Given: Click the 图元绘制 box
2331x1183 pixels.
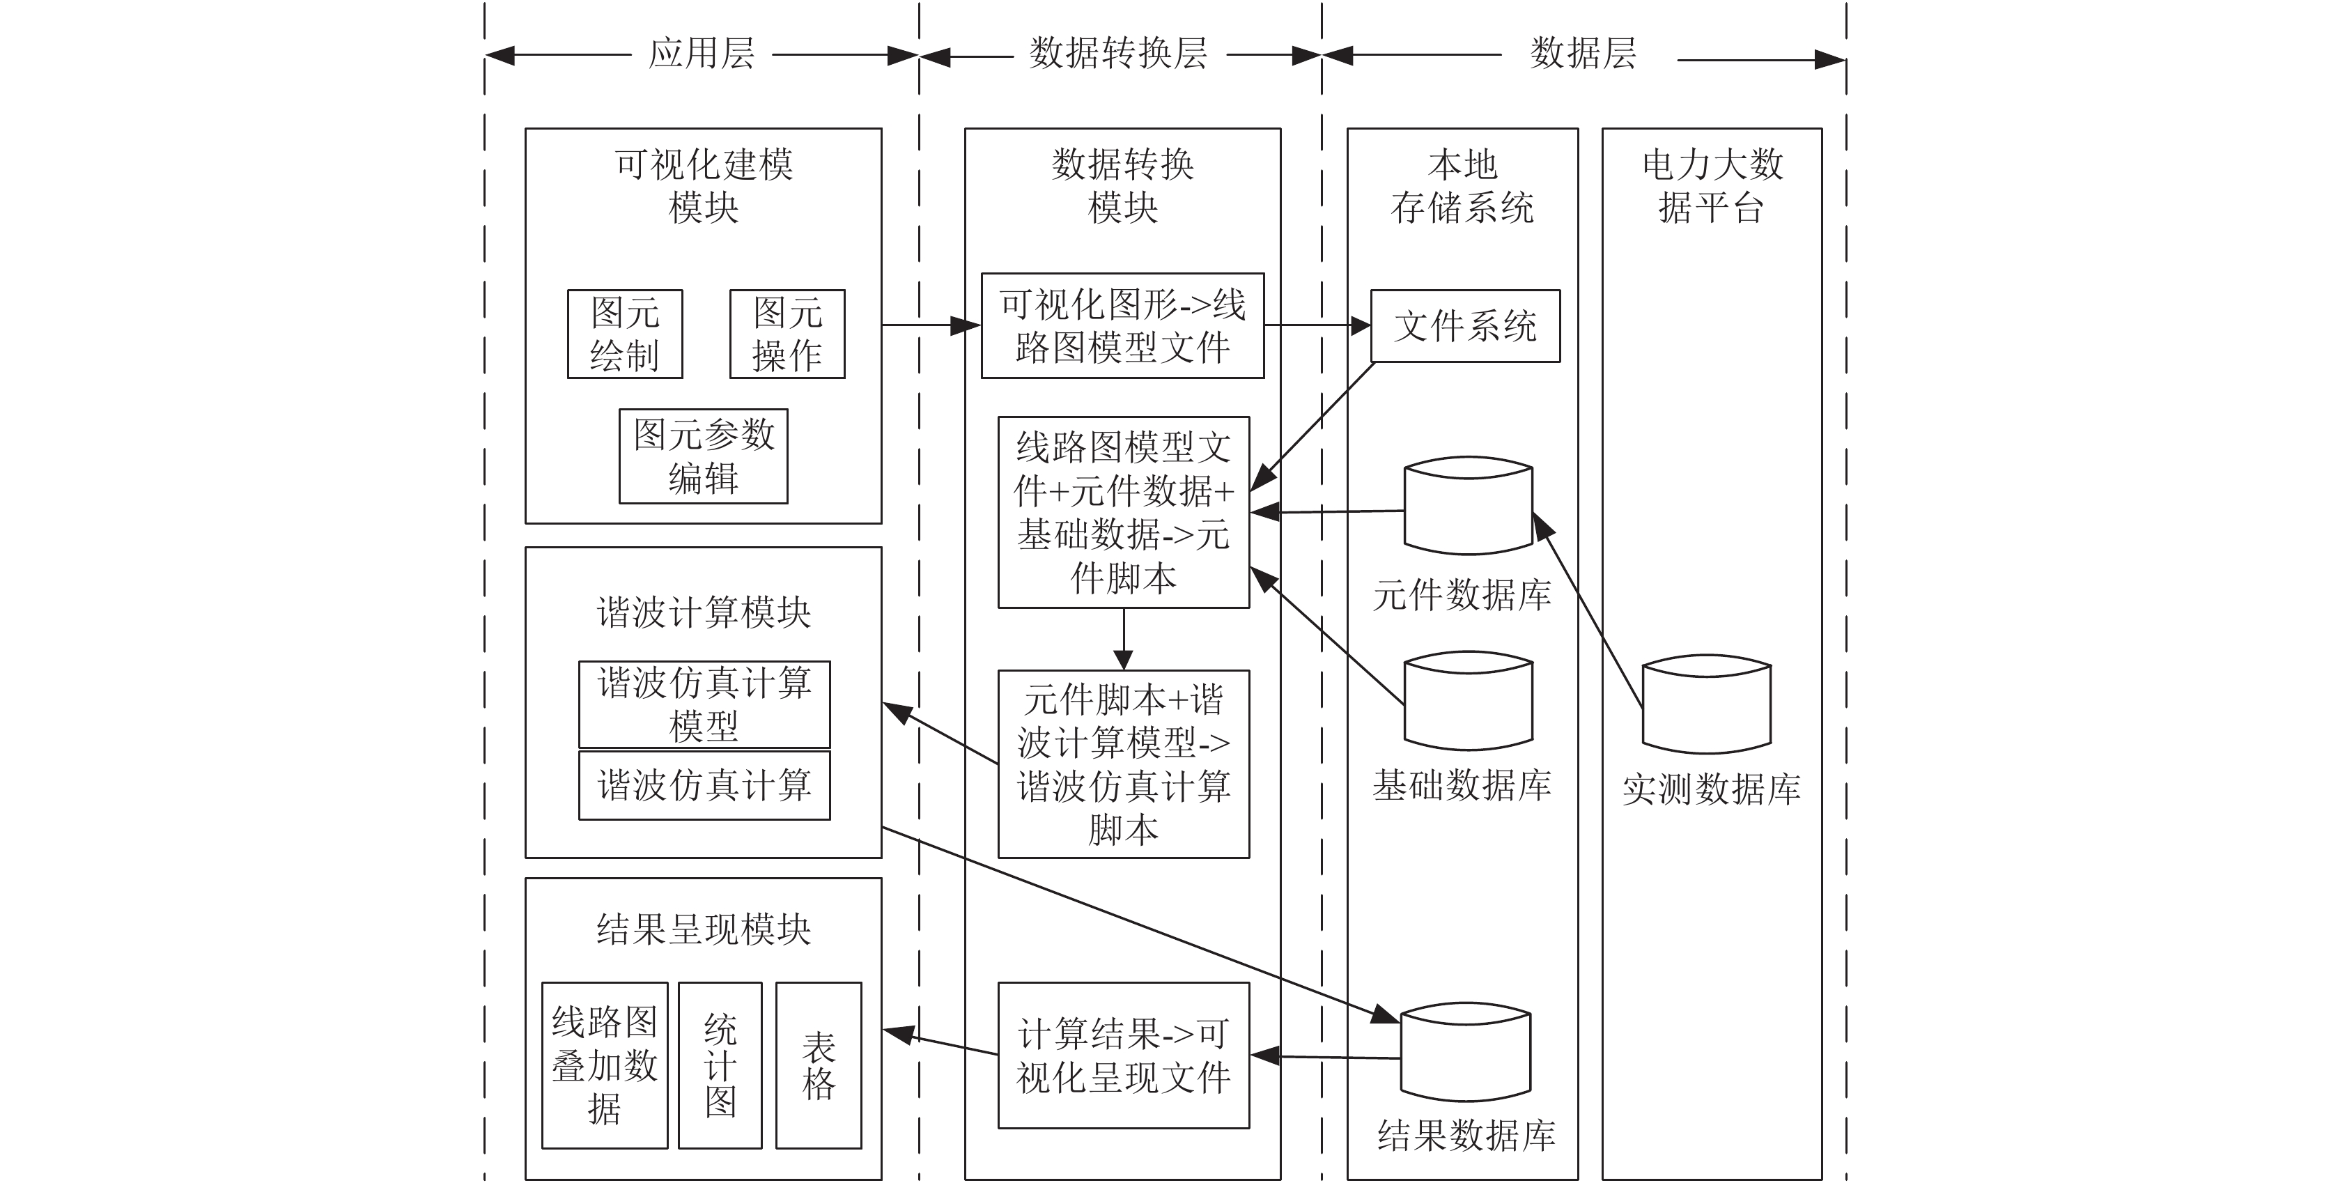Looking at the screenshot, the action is (x=624, y=334).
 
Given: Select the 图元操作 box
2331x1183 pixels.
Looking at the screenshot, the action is (x=787, y=334).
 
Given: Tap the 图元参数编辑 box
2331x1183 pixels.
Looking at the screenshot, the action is (x=703, y=456).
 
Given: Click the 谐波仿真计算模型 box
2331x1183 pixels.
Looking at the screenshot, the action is (x=704, y=704).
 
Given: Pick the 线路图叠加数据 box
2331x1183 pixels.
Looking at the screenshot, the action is (x=605, y=1065).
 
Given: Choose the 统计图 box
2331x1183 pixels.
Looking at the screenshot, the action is (x=720, y=1065).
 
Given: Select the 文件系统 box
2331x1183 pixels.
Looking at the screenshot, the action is (x=1465, y=326).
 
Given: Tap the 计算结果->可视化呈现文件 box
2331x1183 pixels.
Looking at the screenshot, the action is (x=1123, y=1056).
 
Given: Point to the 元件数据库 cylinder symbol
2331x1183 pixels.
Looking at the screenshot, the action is (x=1468, y=505).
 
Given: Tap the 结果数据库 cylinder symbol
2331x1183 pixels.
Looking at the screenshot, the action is (x=1465, y=1052).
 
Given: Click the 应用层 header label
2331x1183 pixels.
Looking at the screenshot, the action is (x=702, y=54).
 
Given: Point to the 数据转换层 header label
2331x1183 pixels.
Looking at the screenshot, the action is (x=1118, y=54).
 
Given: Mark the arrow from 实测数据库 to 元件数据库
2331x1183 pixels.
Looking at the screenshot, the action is (x=1587, y=610).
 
